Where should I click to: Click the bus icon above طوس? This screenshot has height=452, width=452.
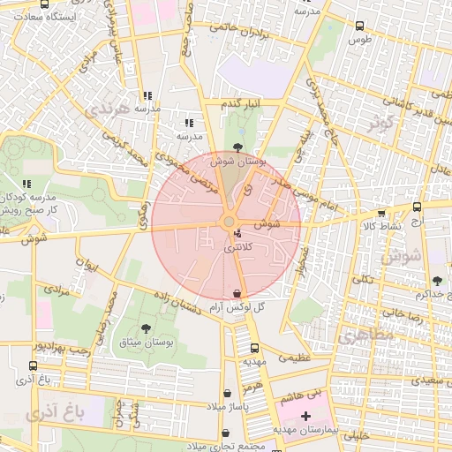tap(359, 27)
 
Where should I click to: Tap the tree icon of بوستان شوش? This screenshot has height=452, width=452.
tap(237, 147)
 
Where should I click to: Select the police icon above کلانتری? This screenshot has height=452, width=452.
tap(237, 235)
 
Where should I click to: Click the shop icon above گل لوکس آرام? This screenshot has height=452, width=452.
tap(236, 293)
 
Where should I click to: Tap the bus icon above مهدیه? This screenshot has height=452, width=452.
tap(255, 349)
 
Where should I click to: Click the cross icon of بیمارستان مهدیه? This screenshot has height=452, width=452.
tap(305, 415)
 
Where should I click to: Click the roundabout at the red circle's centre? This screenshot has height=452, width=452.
tap(228, 222)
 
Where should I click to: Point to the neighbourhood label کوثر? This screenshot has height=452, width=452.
tap(383, 121)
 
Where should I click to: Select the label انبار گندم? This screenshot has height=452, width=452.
tap(241, 105)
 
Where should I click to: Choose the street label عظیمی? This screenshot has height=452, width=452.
tap(294, 358)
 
